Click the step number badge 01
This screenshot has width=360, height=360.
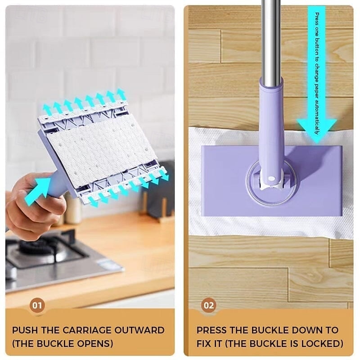point(37,306)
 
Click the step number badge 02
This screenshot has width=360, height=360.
point(208,306)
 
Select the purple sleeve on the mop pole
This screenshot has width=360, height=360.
point(271,121)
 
